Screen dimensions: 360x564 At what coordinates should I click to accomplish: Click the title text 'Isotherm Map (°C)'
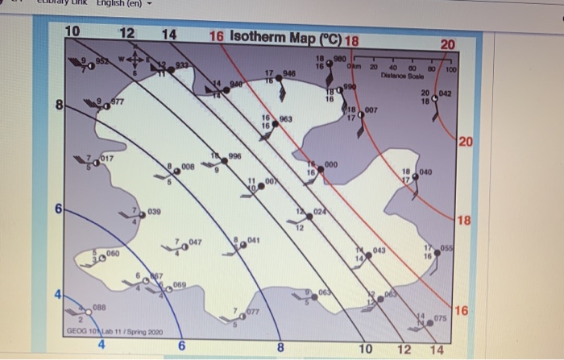pyautogui.click(x=287, y=38)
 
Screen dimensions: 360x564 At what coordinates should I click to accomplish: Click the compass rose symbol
pyautogui.click(x=136, y=60)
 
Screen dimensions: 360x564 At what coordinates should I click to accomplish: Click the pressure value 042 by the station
pyautogui.click(x=447, y=95)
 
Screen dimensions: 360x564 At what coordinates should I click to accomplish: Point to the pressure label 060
pyautogui.click(x=113, y=254)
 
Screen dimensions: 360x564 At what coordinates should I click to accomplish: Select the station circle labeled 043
pyautogui.click(x=367, y=252)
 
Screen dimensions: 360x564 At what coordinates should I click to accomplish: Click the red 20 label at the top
pyautogui.click(x=447, y=43)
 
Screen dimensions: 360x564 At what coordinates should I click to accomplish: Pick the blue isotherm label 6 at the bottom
pyautogui.click(x=182, y=346)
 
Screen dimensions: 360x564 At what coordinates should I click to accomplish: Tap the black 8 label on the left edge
pyautogui.click(x=59, y=106)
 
